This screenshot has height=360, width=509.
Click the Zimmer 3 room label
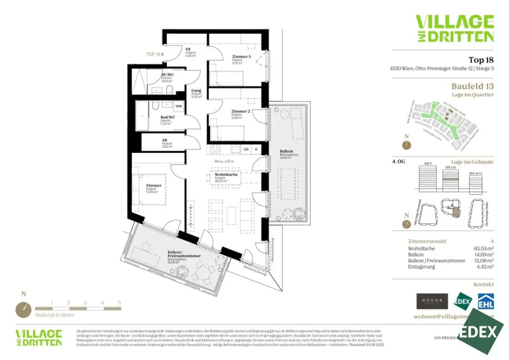(x=241, y=57)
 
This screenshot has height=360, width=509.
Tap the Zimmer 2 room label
(x=241, y=111)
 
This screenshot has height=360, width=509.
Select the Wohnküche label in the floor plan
(x=226, y=175)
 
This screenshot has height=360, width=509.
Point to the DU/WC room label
(x=167, y=75)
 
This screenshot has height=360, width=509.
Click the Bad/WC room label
(x=168, y=117)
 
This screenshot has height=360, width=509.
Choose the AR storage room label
(x=165, y=140)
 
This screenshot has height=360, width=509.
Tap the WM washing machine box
(x=179, y=106)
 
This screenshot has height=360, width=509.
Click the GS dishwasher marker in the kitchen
(x=246, y=149)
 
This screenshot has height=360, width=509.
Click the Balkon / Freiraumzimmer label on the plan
(x=184, y=254)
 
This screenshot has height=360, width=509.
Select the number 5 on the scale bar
(x=119, y=303)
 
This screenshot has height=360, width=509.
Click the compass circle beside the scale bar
(x=24, y=310)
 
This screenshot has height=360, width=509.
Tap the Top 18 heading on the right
(x=481, y=60)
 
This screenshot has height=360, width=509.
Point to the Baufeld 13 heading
(x=472, y=86)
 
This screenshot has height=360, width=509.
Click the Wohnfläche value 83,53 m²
(x=483, y=248)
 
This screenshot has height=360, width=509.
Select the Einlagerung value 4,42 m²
(x=485, y=267)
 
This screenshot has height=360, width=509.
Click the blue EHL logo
(x=485, y=301)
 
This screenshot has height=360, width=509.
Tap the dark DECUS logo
(x=432, y=301)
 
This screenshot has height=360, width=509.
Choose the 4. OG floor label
(x=398, y=162)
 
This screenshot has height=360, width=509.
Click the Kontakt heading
(x=483, y=284)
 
